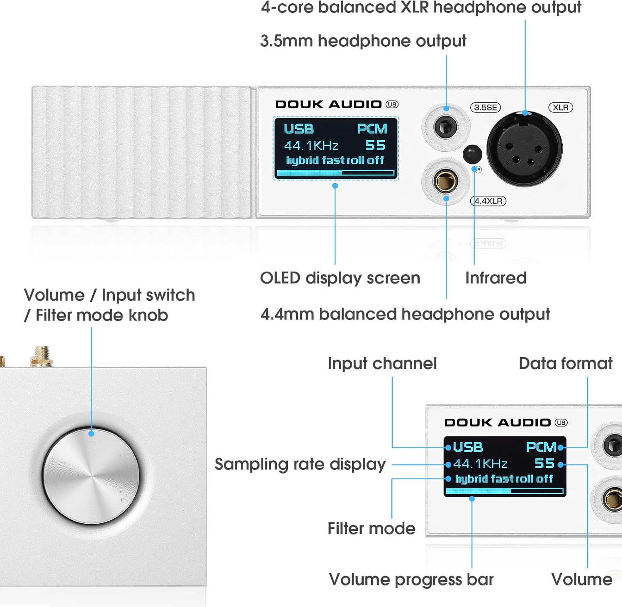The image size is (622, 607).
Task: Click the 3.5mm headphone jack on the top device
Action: pos(446,126)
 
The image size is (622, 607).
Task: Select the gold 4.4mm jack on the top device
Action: pos(446,181)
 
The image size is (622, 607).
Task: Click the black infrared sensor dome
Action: pos(472,154)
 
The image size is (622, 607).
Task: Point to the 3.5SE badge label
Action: pos(486,108)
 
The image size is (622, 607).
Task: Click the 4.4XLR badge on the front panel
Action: pos(488,201)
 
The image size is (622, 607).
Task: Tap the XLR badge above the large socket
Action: pos(561,108)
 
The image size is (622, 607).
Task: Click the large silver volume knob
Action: pos(91,476)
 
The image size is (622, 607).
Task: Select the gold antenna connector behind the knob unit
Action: pos(42,357)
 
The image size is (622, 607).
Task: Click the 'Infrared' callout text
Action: pos(496,278)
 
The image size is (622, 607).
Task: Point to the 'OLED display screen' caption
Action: pos(340,278)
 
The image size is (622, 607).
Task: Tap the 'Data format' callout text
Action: pos(566,363)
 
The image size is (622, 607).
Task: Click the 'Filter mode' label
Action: pos(372,529)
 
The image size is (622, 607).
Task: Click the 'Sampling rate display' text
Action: pos(300,464)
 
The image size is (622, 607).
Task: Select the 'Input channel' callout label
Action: pos(382,363)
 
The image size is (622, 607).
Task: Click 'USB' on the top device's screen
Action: pos(299,129)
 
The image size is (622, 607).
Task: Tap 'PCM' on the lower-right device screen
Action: pos(541,447)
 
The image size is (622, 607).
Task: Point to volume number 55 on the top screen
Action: pos(375,145)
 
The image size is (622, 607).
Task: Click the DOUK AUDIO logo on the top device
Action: pos(328,104)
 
